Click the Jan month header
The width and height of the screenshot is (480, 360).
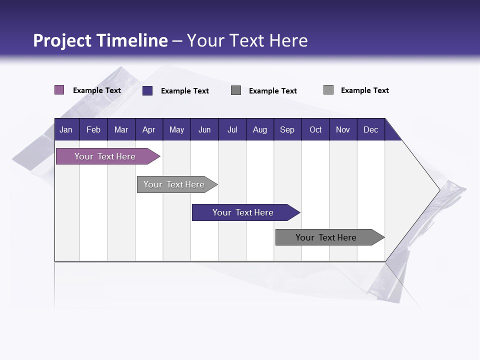pos(66,129)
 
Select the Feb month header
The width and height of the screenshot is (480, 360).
pos(93,129)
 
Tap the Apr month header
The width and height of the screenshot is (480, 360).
pos(148,129)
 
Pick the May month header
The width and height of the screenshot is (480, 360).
pos(176,129)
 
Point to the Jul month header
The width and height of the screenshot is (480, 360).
pos(232,129)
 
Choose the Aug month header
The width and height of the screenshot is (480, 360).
pos(259,129)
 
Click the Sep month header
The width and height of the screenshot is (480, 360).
pos(287,129)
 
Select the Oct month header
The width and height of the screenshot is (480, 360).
pos(315,129)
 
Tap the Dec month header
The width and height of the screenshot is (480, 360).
pos(370,129)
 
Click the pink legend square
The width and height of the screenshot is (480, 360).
pos(59,90)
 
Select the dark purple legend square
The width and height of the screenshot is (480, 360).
pos(147,90)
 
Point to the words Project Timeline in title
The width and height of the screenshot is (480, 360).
pos(100,40)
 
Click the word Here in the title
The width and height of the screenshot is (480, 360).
pos(288,40)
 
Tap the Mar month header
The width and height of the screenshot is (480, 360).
pos(121,129)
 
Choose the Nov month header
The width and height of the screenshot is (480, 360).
pos(342,129)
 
